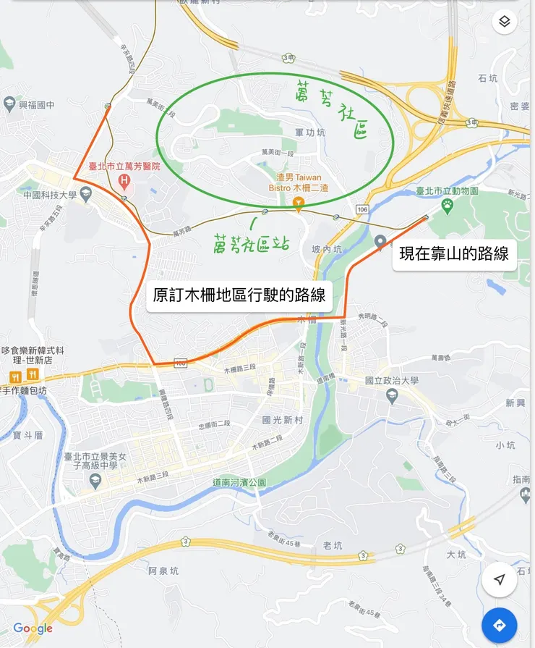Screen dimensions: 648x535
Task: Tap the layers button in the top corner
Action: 505,22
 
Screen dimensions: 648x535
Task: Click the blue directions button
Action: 499,626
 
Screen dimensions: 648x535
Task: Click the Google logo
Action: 33,628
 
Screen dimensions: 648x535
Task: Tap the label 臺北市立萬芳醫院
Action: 124,166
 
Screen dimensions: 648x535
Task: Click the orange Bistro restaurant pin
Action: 298,204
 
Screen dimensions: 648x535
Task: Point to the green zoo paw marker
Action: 448,204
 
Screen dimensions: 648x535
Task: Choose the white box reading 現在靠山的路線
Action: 454,253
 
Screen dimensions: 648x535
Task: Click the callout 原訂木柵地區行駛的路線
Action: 239,295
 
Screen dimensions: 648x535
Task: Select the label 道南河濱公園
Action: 239,482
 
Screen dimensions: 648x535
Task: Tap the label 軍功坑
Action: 310,132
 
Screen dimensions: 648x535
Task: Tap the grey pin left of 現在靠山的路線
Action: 380,243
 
